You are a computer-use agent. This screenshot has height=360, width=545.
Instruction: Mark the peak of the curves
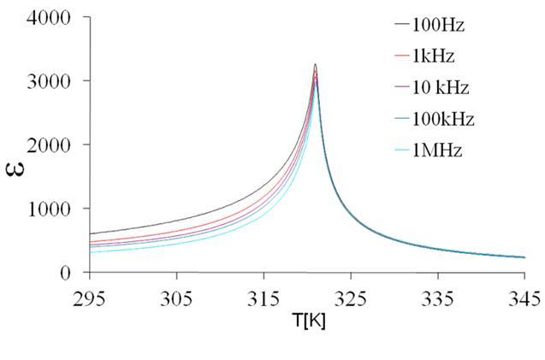(x=316, y=65)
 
